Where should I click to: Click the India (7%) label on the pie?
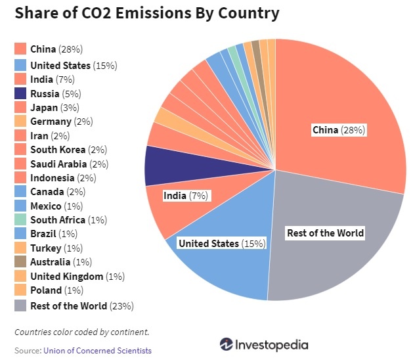click(x=186, y=196)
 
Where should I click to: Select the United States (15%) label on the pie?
click(x=222, y=244)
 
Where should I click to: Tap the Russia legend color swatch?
click(x=20, y=93)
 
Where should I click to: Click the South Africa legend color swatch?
click(x=20, y=220)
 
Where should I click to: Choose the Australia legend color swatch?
click(x=20, y=262)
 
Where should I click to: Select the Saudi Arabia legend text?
click(x=69, y=164)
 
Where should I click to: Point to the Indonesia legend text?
click(x=63, y=178)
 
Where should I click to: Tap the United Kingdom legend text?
click(x=77, y=277)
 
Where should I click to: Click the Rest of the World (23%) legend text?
click(x=82, y=305)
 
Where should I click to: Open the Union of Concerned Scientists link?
click(x=97, y=351)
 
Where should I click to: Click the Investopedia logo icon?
click(x=227, y=344)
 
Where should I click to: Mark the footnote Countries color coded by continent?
click(x=81, y=331)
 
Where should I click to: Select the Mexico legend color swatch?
click(x=20, y=206)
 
